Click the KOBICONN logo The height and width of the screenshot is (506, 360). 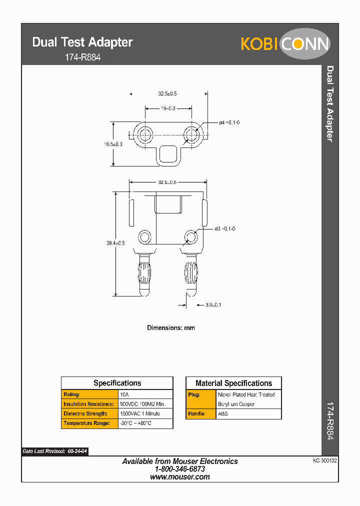[285, 44]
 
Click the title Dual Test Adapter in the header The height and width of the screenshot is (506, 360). [82, 42]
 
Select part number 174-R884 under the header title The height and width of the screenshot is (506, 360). [83, 57]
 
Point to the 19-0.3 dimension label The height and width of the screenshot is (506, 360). [168, 108]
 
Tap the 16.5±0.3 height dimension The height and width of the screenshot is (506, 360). [113, 144]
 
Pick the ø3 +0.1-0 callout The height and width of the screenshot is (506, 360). [225, 228]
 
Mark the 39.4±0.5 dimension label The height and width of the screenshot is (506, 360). [115, 242]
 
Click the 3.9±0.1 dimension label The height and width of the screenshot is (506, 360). [213, 304]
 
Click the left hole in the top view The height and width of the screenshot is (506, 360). [145, 135]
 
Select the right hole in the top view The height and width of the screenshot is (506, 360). [191, 135]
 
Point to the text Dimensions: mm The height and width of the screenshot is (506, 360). [170, 328]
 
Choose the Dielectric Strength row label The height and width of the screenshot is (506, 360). [85, 414]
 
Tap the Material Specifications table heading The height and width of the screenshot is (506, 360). [233, 383]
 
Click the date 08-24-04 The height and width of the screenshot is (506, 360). [77, 451]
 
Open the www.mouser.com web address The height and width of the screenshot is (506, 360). [180, 477]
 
